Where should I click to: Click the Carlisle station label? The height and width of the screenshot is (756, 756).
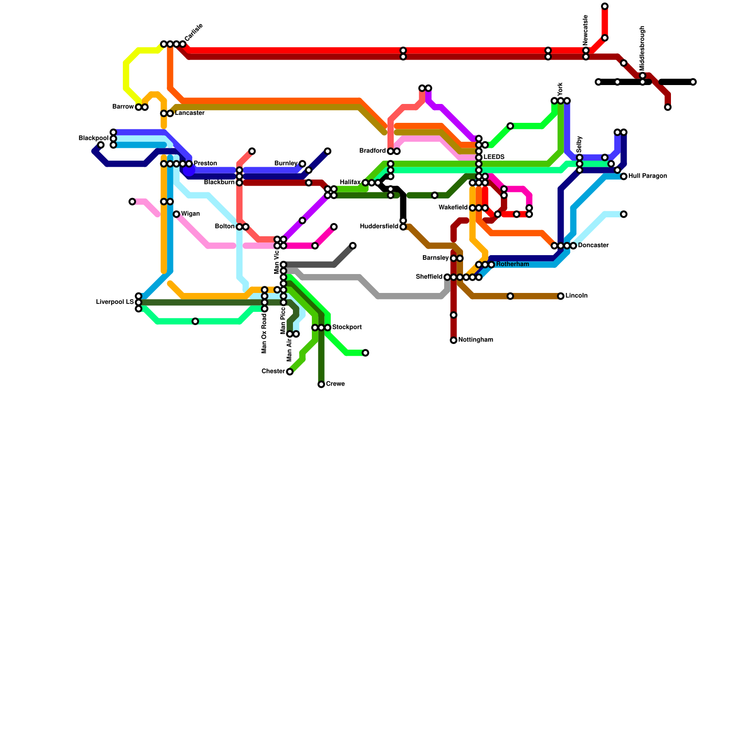coord(194,32)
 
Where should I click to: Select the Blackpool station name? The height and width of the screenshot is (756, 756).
coord(94,138)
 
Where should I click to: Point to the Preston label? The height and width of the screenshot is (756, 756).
coord(205,164)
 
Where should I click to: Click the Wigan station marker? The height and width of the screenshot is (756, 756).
coord(176,215)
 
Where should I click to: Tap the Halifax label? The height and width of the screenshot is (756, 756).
coord(350,183)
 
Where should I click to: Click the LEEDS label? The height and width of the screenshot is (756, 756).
coord(494,157)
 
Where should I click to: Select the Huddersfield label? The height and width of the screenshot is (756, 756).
coord(379,227)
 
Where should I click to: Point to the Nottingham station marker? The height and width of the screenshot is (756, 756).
coord(454,340)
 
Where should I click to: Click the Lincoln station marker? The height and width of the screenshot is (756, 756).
coord(561,296)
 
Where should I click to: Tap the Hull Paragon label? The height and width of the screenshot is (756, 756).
coord(647,177)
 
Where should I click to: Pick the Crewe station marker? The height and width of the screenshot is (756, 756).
coord(321,385)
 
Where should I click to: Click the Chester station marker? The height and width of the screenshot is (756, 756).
coord(290,372)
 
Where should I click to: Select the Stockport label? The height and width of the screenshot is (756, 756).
coord(347,327)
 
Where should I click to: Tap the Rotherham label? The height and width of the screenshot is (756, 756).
coord(512,265)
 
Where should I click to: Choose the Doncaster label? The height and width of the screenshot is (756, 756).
coord(593,246)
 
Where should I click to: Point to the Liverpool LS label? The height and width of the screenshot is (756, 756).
coord(115,302)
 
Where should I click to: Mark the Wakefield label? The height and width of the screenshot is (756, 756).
coord(453,208)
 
